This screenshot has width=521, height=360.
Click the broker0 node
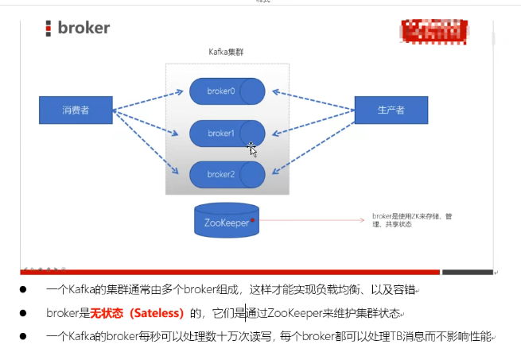coord(227,91)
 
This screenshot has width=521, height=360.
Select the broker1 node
coord(227,134)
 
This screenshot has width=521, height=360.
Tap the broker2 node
coord(227,174)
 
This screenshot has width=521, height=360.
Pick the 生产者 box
coord(391,110)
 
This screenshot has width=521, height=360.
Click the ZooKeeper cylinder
coord(227,223)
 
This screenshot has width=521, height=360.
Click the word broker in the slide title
coord(84,28)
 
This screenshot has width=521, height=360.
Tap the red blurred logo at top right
coord(430,30)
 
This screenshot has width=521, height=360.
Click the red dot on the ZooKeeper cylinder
coord(252,219)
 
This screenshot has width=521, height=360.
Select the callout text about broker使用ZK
coord(411,220)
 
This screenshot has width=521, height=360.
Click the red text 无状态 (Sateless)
coord(137,313)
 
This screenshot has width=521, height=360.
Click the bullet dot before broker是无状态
coord(24,313)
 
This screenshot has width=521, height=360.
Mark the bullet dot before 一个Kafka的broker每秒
coord(24,337)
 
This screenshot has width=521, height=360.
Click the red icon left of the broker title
coord(49,29)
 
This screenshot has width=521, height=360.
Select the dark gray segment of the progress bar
coord(467,273)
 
